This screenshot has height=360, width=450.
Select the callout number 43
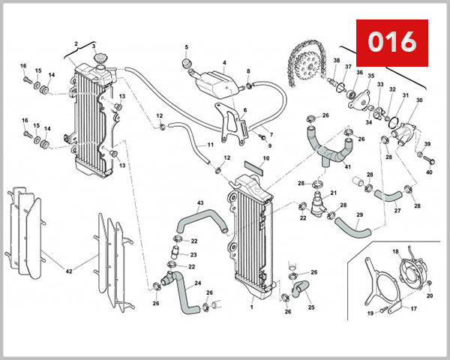(199, 203)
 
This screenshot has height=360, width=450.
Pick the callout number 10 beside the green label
(265, 158)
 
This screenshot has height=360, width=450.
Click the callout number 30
(419, 100)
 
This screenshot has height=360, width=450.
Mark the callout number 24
(198, 283)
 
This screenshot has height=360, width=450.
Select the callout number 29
(359, 215)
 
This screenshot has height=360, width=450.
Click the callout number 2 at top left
(76, 44)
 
